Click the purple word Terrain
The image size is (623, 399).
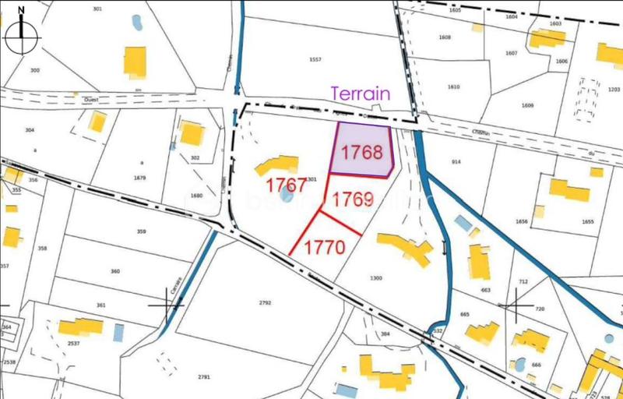coord(360,93)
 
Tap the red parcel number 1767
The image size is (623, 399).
coord(286,185)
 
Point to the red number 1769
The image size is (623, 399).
coord(353,199)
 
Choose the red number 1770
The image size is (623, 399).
coord(324,248)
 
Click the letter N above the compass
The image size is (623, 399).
coord(22,10)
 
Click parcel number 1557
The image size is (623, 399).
coord(315,59)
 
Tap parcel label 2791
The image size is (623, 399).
coord(204,377)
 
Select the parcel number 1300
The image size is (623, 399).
coord(376,278)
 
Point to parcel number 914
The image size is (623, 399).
coord(456,162)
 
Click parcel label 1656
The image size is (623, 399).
coord(522,222)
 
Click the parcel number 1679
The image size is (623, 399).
coord(139,178)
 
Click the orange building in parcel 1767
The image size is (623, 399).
coord(277,165)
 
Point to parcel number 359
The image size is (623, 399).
coord(141,231)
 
